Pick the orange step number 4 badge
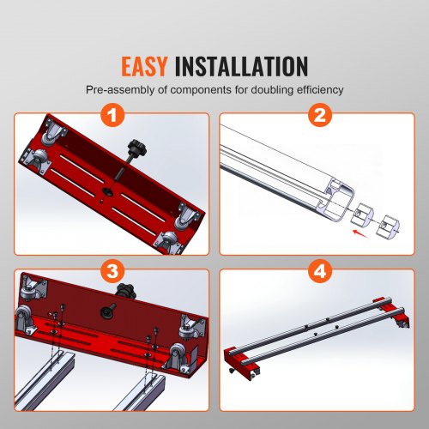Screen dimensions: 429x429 (318, 272)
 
